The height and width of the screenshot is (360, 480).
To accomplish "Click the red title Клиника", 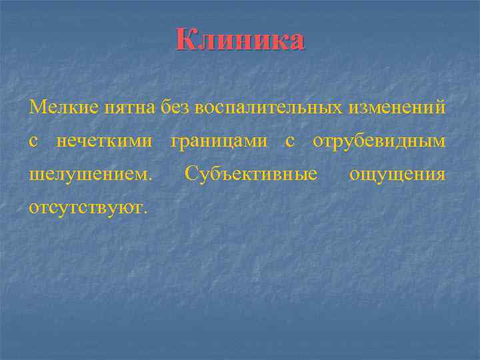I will (x=240, y=40).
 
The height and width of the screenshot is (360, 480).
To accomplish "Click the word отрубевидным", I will (x=379, y=141).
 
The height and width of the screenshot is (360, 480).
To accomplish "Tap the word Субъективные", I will (x=251, y=175).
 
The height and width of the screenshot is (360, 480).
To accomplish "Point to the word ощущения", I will (x=397, y=175).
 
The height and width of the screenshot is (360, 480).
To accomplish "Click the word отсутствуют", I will (x=86, y=208).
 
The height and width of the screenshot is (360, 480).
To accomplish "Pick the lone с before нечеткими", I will (x=34, y=141).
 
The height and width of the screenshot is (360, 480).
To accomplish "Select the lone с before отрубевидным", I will (x=290, y=141).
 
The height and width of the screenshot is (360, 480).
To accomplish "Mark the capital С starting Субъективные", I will (x=191, y=175).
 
